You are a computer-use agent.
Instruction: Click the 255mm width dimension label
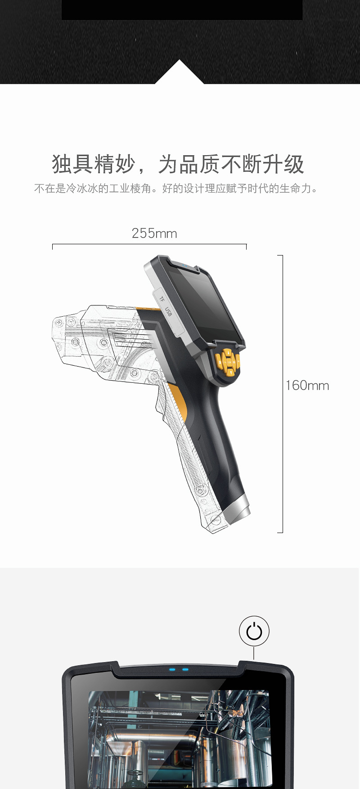(x=154, y=233)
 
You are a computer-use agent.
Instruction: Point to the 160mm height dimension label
(x=307, y=386)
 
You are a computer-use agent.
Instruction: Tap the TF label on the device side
(x=162, y=299)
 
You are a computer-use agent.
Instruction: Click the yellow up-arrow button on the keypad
(x=228, y=352)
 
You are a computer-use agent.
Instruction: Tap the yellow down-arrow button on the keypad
(x=230, y=372)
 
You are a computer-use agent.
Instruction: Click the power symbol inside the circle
(x=254, y=631)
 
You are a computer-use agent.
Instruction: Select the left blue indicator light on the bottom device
(x=172, y=669)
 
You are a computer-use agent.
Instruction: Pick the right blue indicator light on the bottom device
(x=185, y=669)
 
